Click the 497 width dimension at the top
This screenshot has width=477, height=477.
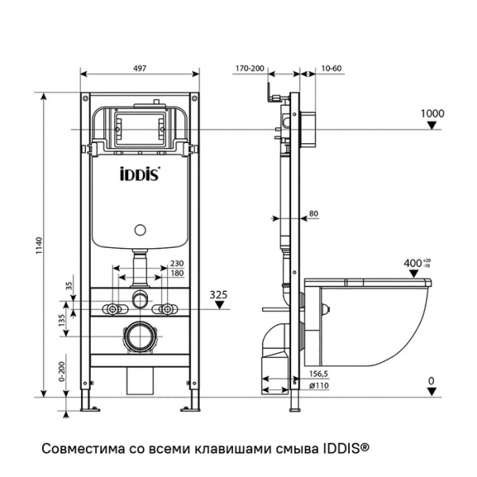coord(140,68)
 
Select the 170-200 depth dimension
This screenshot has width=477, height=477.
coord(251,68)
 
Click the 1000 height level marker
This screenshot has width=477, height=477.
coord(432,114)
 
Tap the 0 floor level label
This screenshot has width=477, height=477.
coord(431,382)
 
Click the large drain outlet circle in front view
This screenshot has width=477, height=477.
coord(141,337)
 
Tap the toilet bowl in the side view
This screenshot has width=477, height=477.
coord(374,318)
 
